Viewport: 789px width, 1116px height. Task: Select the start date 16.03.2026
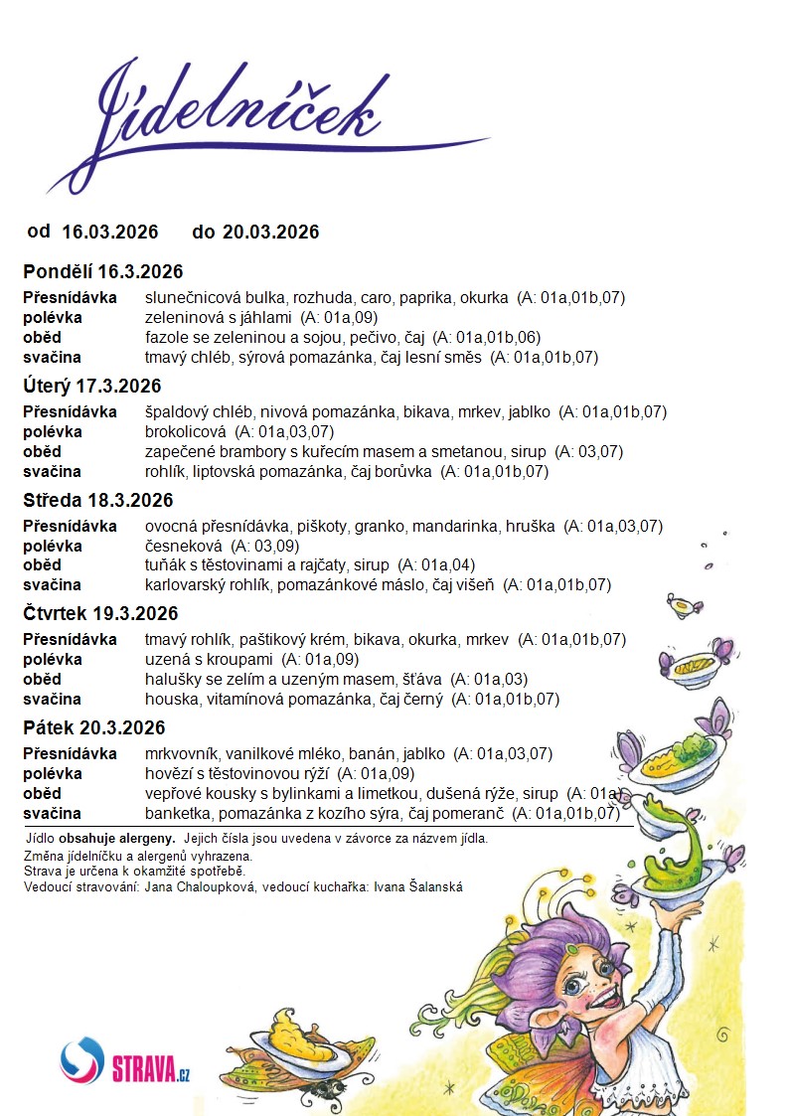click(x=109, y=233)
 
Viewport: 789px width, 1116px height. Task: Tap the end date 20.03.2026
click(x=270, y=233)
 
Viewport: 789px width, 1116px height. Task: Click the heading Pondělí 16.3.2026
click(x=103, y=272)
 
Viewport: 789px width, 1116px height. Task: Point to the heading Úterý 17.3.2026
click(x=92, y=387)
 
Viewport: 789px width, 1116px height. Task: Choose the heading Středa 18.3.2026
click(x=98, y=500)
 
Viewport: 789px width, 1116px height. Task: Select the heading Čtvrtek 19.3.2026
click(x=101, y=614)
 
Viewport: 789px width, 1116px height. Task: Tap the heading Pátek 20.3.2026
click(x=94, y=727)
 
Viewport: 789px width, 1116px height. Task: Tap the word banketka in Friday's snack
click(x=176, y=814)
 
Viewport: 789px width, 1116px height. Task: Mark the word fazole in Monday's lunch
click(x=166, y=338)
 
